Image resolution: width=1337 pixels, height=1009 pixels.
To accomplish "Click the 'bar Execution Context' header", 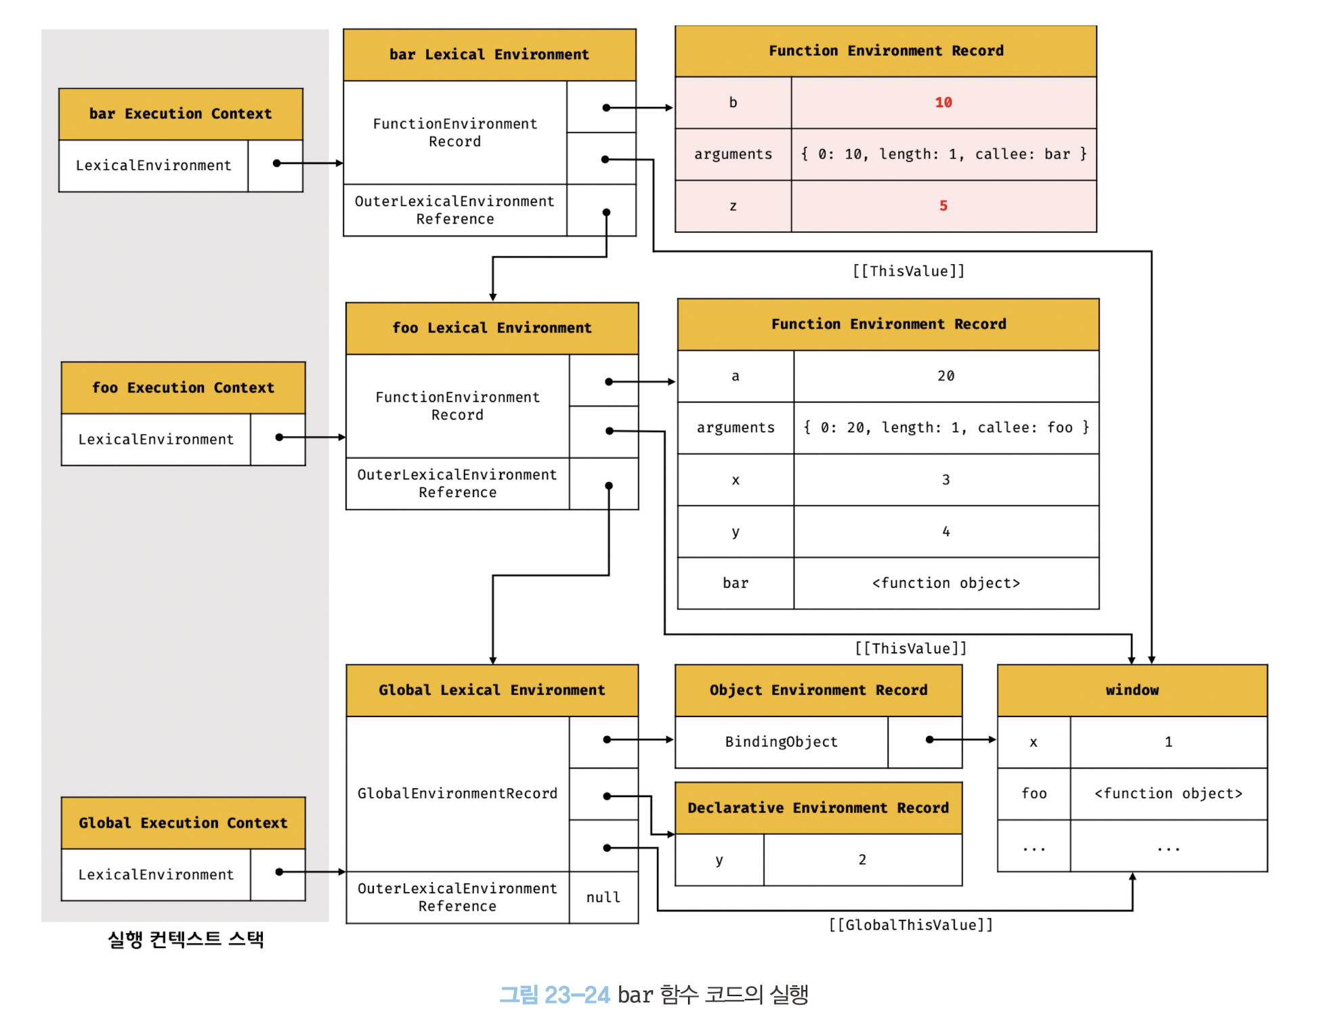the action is click(181, 114).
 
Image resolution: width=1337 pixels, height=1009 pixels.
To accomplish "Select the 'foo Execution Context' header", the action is click(184, 388).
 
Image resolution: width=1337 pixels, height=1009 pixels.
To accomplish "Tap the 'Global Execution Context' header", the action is click(184, 823).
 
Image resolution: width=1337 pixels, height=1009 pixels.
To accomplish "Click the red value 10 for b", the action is click(943, 102).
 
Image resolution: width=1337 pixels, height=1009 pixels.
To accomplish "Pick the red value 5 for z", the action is click(943, 206).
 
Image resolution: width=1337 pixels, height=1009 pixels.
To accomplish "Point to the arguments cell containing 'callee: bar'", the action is click(943, 154).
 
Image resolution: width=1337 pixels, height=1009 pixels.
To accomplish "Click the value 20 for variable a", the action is click(946, 376).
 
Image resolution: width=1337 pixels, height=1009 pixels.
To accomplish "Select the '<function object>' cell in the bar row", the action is click(946, 583).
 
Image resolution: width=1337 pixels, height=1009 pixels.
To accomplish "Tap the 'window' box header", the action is click(1132, 690).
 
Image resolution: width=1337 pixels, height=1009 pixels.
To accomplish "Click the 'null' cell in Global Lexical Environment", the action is click(603, 897).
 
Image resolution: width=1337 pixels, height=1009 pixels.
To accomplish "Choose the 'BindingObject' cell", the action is click(782, 742).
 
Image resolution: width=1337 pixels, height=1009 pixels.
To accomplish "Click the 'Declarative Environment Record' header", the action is click(819, 808).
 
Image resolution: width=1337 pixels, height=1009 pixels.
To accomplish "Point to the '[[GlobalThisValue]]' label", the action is click(911, 925).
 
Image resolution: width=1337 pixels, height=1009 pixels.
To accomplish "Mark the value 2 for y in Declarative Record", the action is click(862, 860).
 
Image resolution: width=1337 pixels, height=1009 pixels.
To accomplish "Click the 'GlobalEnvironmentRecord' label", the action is click(458, 794).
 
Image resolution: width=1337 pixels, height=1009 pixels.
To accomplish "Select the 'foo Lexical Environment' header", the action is click(492, 328).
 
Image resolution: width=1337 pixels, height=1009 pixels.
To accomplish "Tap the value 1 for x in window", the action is click(1168, 742).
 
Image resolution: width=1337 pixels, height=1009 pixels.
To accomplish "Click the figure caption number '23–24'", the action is click(577, 995).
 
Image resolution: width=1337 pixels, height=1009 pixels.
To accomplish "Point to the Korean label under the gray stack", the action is click(186, 939).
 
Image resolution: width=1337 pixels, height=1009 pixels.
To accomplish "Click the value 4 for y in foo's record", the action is click(946, 532).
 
